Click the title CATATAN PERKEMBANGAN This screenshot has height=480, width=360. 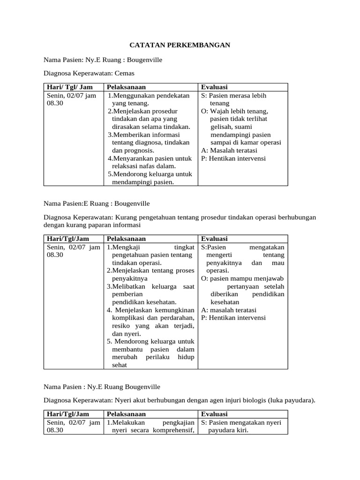click(x=180, y=45)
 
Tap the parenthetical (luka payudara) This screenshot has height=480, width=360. click(x=292, y=400)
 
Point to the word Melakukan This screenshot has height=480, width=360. click(x=129, y=422)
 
